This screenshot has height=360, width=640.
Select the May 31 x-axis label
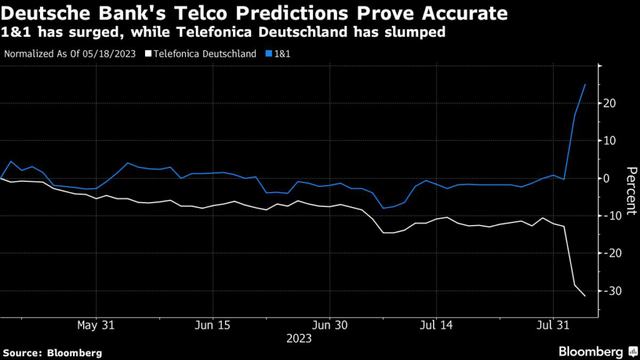[96, 325]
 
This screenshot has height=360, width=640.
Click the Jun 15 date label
[213, 325]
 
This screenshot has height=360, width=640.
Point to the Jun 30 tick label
[330, 325]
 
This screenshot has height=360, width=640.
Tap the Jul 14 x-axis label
[436, 325]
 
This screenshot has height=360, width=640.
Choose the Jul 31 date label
[553, 325]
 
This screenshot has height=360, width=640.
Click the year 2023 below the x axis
[299, 339]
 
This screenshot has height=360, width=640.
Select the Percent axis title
[631, 191]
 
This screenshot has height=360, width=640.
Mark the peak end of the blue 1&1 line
[585, 84]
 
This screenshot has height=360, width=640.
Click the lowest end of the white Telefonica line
[585, 296]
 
